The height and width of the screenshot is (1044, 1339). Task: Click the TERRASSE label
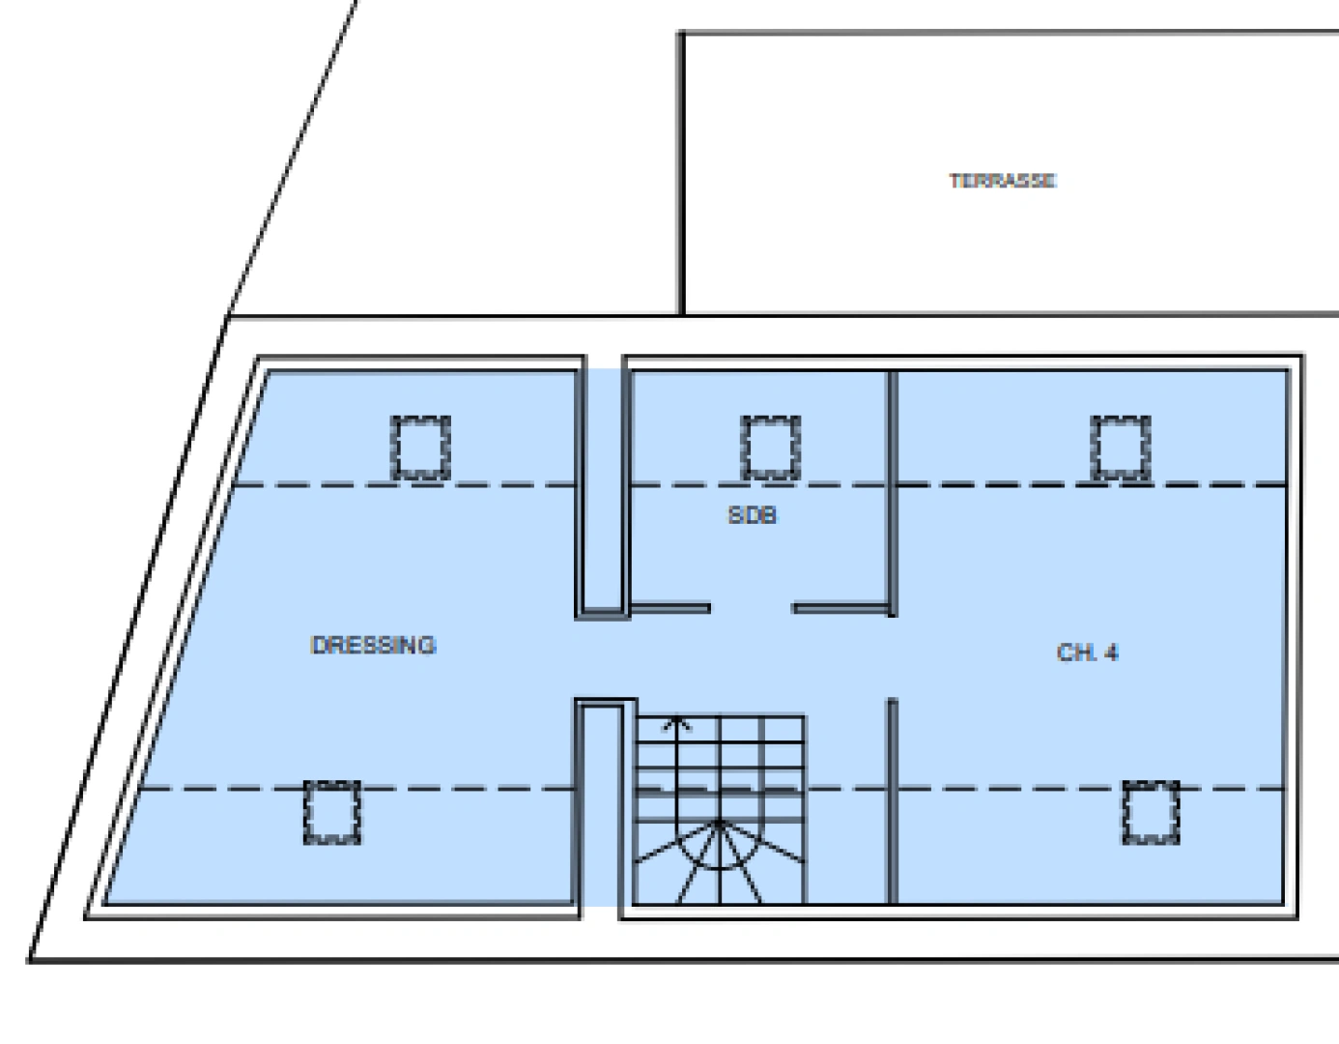pyautogui.click(x=1003, y=181)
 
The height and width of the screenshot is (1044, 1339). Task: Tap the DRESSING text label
pyautogui.click(x=374, y=646)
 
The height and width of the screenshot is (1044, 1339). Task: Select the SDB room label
pyautogui.click(x=753, y=514)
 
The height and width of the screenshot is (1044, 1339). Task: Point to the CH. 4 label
pyautogui.click(x=1087, y=652)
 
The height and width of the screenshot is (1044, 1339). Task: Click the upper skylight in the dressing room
pyautogui.click(x=421, y=448)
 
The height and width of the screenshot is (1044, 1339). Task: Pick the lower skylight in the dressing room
pyautogui.click(x=332, y=812)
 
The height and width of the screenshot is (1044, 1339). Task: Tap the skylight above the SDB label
pyautogui.click(x=771, y=448)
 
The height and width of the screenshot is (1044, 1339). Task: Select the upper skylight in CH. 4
pyautogui.click(x=1121, y=448)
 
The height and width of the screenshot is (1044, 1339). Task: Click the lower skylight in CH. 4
pyautogui.click(x=1151, y=812)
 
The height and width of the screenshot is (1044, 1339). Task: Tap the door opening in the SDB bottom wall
pyautogui.click(x=752, y=608)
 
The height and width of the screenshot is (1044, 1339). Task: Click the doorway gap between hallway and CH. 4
pyautogui.click(x=893, y=657)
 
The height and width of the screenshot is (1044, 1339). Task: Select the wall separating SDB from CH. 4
pyautogui.click(x=893, y=493)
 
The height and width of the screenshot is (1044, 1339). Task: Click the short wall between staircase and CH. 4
pyautogui.click(x=893, y=801)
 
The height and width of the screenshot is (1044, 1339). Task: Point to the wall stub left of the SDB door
pyautogui.click(x=670, y=608)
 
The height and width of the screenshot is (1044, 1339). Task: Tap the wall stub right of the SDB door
pyautogui.click(x=840, y=608)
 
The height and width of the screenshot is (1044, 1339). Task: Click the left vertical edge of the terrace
pyautogui.click(x=681, y=173)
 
